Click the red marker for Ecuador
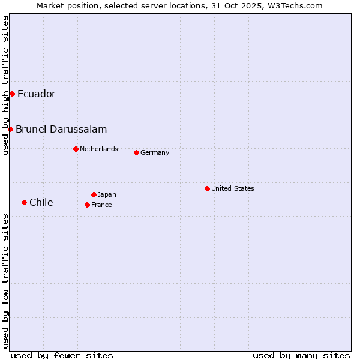point(12,94)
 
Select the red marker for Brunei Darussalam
point(10,129)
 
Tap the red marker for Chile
point(24,202)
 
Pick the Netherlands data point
point(76,149)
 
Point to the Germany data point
point(136,152)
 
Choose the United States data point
point(207,188)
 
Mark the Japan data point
point(94,194)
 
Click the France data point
point(87,205)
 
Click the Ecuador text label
point(36,94)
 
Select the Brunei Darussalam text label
point(61,130)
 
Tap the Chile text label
point(41,203)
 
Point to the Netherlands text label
point(99,149)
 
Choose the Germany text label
point(155,153)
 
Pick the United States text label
point(233,189)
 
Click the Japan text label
point(107,195)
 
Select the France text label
point(101,205)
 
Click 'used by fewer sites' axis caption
point(62,355)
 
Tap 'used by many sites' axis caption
point(301,355)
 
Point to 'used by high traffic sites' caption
point(5,85)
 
